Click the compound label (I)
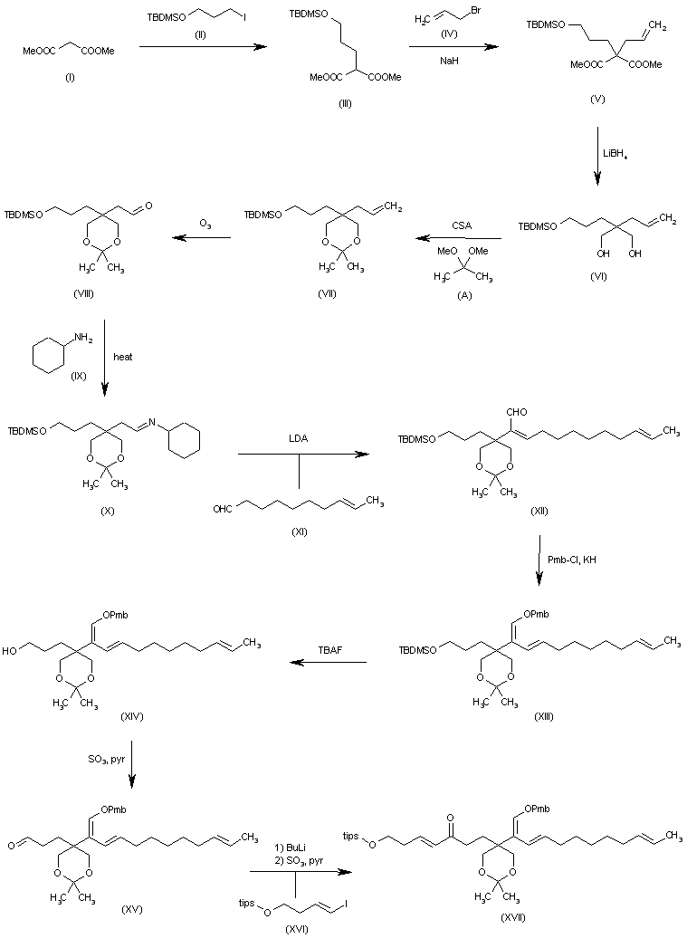click(x=70, y=78)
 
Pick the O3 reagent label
click(x=206, y=223)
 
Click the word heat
click(x=123, y=356)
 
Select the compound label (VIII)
click(x=82, y=294)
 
